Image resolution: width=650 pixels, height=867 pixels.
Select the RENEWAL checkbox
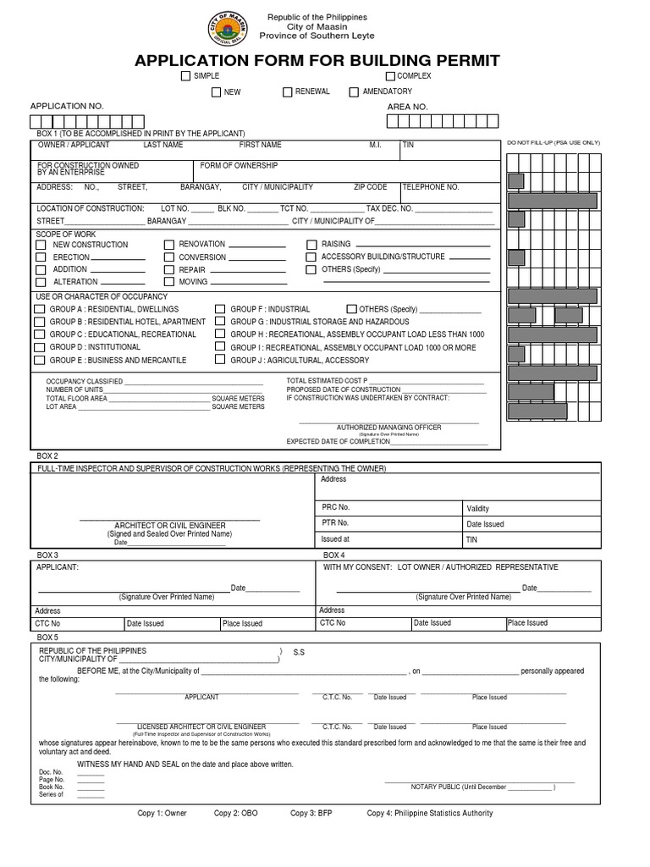coord(288,92)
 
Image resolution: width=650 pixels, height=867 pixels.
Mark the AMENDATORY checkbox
coord(354,92)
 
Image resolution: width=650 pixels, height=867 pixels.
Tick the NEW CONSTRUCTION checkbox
coord(40,245)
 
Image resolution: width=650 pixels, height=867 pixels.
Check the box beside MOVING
coord(168,282)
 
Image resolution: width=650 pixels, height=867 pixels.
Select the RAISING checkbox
coord(311,245)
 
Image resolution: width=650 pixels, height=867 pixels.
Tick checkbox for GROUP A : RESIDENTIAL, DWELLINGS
coord(40,310)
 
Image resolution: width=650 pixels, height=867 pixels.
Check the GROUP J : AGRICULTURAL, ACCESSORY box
coord(220,360)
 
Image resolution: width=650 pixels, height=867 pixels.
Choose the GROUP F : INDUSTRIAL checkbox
coord(220,310)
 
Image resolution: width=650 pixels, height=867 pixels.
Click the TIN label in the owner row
coord(409,146)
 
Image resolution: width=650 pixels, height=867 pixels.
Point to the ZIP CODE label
coord(370,187)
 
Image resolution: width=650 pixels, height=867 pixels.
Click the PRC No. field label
coord(335,507)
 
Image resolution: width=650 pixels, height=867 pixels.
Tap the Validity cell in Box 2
coord(478,509)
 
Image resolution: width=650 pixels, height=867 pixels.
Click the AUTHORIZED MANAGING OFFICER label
coord(388,428)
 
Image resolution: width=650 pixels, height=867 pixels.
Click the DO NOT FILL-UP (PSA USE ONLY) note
coord(554,143)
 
